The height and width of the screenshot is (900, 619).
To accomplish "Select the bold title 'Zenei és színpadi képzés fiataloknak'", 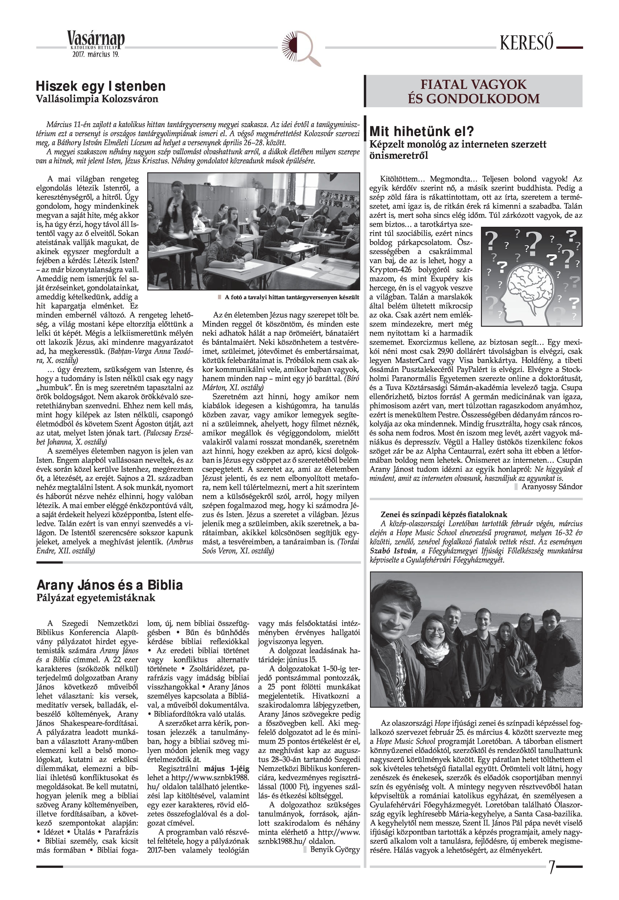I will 444,515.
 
